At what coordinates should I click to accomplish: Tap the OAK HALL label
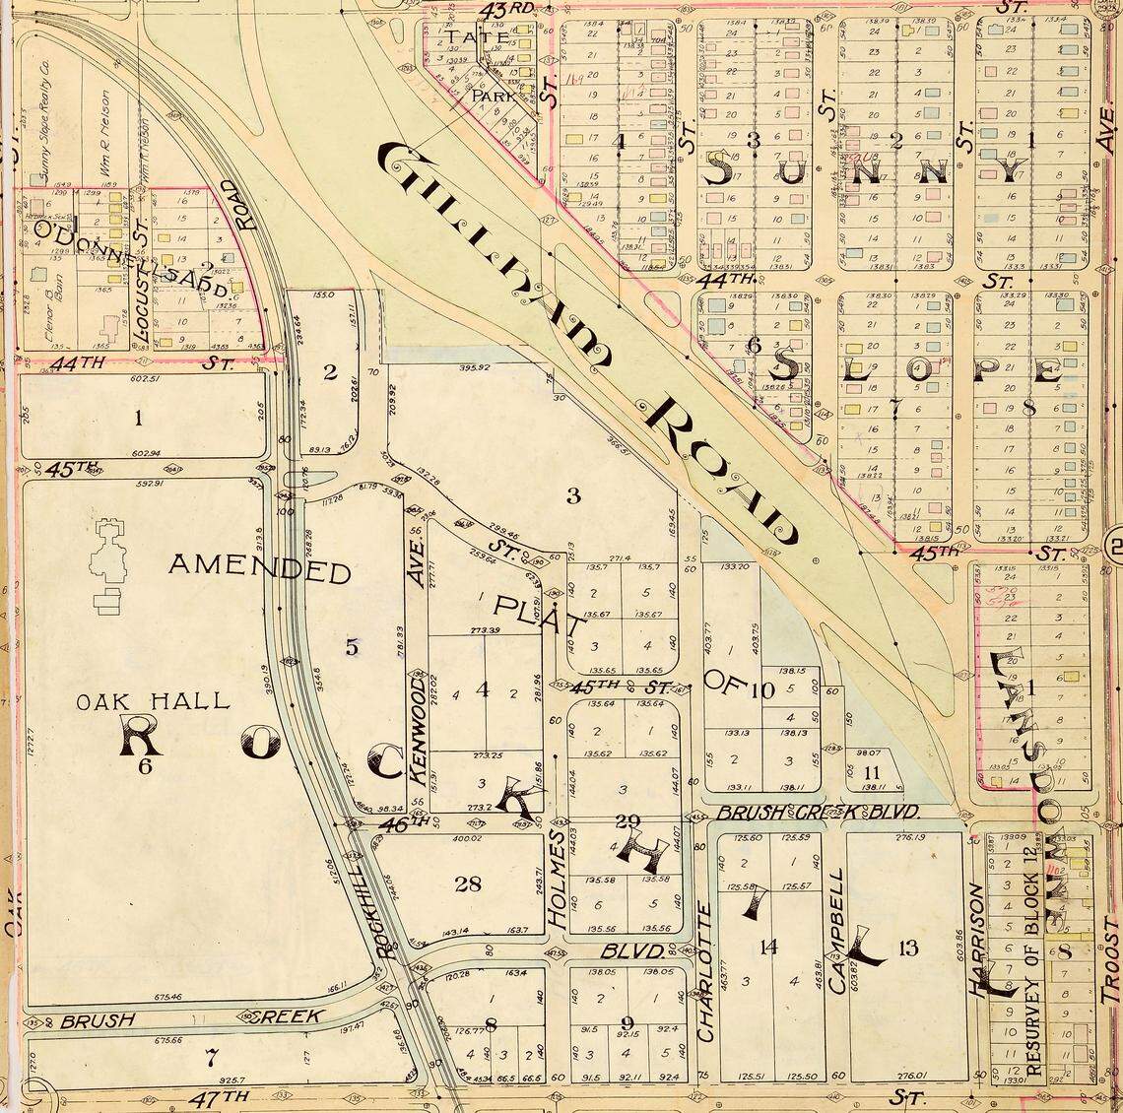153,701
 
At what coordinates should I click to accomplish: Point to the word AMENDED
259,569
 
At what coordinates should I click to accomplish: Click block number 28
467,884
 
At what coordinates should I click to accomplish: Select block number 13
907,948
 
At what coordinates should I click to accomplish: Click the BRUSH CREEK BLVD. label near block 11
818,812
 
